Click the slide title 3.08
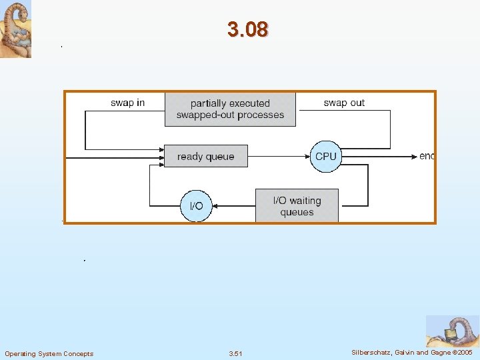pyautogui.click(x=247, y=29)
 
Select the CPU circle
pyautogui.click(x=325, y=157)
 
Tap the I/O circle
pyautogui.click(x=197, y=206)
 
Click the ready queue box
pyautogui.click(x=205, y=157)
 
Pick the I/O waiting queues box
pyautogui.click(x=297, y=206)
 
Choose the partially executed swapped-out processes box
pyautogui.click(x=230, y=109)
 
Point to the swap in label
pyautogui.click(x=127, y=103)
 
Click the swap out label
pyautogui.click(x=344, y=103)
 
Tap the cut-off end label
pyautogui.click(x=427, y=156)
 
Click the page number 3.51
pyautogui.click(x=235, y=353)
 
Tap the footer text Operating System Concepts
pyautogui.click(x=49, y=353)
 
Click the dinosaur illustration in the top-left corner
pyautogui.click(x=15, y=29)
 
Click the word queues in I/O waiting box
pyautogui.click(x=297, y=213)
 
